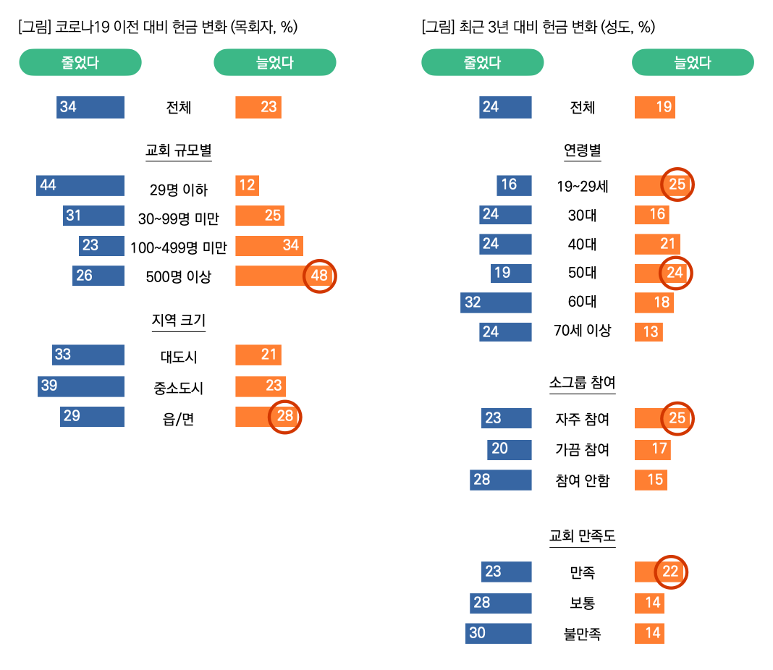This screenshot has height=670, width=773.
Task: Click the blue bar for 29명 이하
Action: [80, 185]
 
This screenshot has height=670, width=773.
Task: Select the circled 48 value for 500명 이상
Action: [319, 276]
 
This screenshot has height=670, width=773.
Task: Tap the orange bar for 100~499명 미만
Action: [269, 245]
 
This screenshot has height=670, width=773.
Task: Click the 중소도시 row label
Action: [178, 388]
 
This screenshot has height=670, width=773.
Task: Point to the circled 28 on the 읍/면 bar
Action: [284, 417]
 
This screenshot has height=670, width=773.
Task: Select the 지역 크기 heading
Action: [178, 320]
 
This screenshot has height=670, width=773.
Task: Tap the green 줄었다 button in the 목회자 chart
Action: [80, 62]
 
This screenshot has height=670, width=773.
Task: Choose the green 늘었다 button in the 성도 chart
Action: [693, 62]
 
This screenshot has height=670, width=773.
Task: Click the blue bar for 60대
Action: [496, 302]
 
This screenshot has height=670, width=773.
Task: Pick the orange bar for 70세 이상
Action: [649, 331]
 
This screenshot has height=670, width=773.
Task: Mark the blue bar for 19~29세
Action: [514, 185]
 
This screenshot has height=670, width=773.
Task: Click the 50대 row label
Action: [582, 273]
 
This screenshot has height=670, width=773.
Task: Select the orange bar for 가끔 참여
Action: [652, 449]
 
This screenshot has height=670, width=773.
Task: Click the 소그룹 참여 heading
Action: [582, 382]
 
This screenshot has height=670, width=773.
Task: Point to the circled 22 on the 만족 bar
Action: [670, 572]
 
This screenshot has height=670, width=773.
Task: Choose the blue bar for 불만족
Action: [498, 633]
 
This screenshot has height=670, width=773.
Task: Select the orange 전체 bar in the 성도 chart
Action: [655, 107]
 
